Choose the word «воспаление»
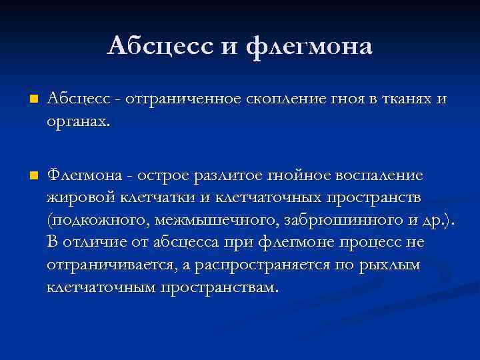click(x=380, y=175)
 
